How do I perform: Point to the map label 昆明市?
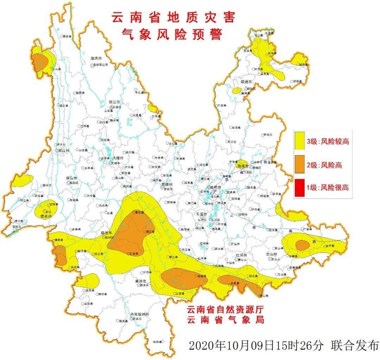point(215,188)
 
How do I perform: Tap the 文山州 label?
point(271,254)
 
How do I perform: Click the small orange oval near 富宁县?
point(302,245)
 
